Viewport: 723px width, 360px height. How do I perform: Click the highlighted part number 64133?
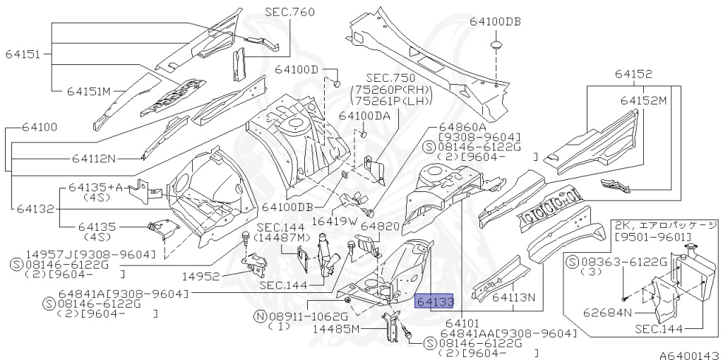[x=434, y=301]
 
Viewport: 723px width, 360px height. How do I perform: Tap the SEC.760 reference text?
[x=289, y=12]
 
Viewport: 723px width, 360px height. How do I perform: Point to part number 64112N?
[x=94, y=159]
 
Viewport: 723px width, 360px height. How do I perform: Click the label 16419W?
[x=335, y=221]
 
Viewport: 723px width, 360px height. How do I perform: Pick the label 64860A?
[x=460, y=126]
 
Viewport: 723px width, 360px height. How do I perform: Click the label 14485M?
[x=336, y=329]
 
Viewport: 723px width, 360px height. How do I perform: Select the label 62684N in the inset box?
[x=608, y=313]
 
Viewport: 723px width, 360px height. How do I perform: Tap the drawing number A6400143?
[x=689, y=355]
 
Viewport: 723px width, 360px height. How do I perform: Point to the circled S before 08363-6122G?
[x=573, y=263]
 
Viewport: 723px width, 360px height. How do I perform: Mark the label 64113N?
[x=514, y=297]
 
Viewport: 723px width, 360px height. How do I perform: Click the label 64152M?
[x=643, y=100]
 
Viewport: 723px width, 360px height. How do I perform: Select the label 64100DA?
[x=364, y=116]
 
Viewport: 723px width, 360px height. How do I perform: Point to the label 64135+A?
[x=96, y=187]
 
